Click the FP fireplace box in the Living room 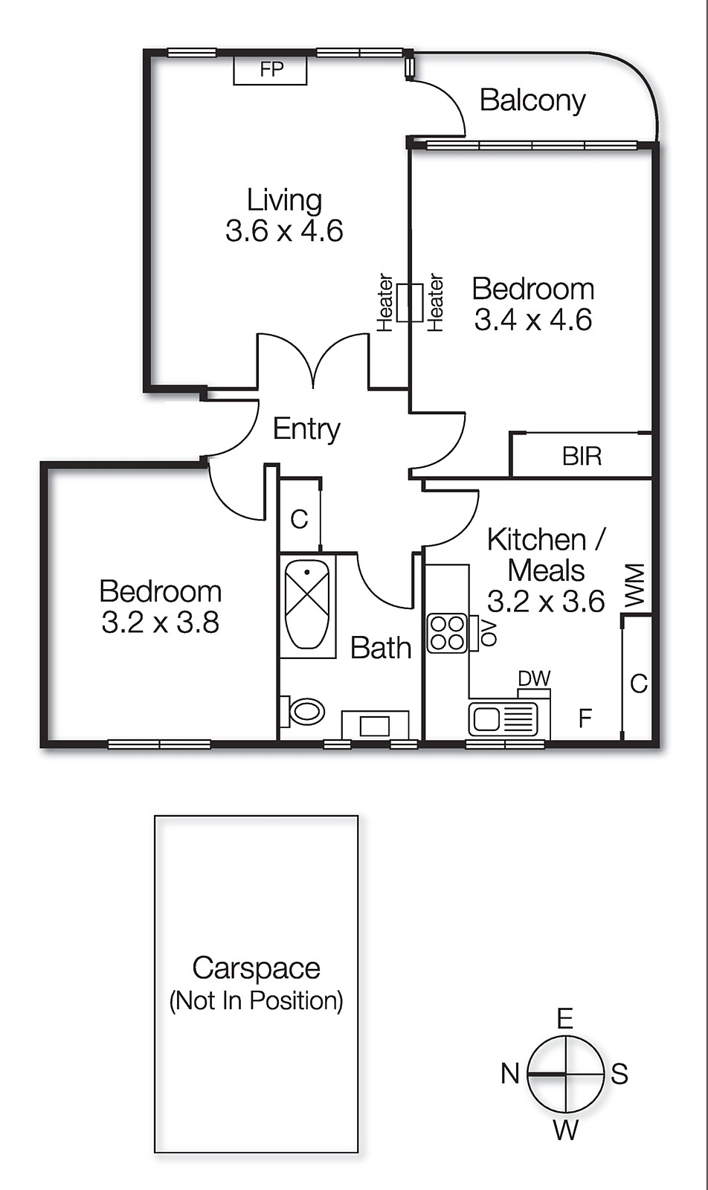point(271,70)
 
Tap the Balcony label point(532,100)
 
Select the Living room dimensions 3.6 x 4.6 point(284,231)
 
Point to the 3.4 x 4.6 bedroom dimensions point(533,321)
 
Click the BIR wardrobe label point(582,456)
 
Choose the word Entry point(306,429)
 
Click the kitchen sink point(503,718)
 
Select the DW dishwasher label point(534,678)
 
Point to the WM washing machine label point(634,585)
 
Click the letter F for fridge point(585,718)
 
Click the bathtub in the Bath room point(307,604)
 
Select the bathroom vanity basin point(375,725)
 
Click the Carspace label point(257,968)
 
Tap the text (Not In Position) point(257,1001)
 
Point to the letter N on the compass point(510,1074)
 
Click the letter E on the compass point(565,1019)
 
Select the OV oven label point(487,631)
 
